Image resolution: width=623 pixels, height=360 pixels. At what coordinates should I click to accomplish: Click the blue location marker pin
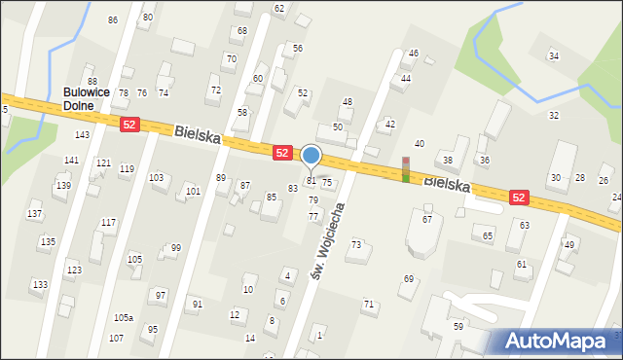(311, 156)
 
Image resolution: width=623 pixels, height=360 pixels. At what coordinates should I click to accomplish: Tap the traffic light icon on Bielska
(406, 169)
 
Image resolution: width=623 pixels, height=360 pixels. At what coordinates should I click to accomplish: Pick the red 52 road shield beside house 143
(129, 124)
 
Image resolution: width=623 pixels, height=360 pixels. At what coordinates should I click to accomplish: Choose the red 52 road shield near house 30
(519, 198)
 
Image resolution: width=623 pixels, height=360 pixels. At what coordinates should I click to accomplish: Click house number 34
(554, 56)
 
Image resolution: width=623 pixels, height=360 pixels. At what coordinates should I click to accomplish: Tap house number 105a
(123, 318)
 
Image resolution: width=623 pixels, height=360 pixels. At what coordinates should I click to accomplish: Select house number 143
(83, 135)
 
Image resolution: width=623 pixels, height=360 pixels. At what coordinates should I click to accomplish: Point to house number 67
(426, 220)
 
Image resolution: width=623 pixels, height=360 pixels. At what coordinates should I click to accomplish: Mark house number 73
(356, 244)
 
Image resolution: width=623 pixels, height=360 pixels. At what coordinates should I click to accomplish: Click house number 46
(413, 54)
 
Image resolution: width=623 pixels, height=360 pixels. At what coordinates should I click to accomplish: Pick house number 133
(39, 285)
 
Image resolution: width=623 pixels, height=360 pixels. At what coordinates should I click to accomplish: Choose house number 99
(175, 248)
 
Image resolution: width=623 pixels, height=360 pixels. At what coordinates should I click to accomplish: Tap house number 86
(113, 20)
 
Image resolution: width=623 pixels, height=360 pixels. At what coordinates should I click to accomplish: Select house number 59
(458, 327)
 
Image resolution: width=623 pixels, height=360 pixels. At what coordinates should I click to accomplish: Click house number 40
(420, 144)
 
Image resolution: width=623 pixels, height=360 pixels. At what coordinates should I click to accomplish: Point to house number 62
(279, 9)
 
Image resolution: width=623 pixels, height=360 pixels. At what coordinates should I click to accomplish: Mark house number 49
(569, 244)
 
